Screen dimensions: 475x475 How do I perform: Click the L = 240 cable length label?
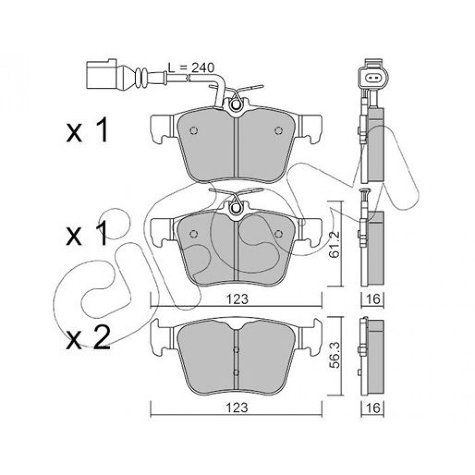[191, 68]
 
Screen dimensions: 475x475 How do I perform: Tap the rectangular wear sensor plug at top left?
[102, 74]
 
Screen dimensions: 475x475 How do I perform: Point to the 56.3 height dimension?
[335, 355]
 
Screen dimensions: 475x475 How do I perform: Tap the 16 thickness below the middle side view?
[373, 299]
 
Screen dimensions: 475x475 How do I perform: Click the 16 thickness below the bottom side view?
[373, 408]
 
